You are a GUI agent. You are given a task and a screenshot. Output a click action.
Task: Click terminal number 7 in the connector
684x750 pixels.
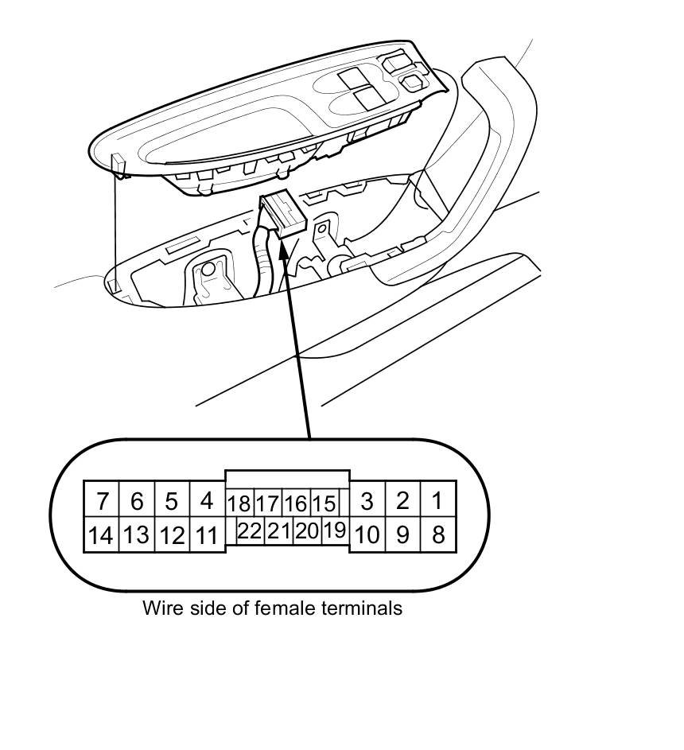[x=102, y=501]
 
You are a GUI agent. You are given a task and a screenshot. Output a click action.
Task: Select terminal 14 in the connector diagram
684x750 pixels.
[x=101, y=535]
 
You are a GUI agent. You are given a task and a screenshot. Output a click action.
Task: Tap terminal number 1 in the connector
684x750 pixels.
[x=437, y=500]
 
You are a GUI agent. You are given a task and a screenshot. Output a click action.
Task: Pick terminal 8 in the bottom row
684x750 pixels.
[x=437, y=534]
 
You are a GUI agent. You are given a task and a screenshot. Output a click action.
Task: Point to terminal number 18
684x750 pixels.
[x=239, y=503]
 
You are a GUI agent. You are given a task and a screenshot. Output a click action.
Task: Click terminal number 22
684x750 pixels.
[x=250, y=531]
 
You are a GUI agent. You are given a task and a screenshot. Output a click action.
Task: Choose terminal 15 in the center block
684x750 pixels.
[x=323, y=503]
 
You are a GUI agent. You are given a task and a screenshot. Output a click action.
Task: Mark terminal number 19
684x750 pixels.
[x=336, y=530]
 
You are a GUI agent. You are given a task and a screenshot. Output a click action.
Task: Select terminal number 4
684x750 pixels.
[x=207, y=501]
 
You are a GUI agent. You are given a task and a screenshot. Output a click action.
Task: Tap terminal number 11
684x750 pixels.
[x=207, y=535]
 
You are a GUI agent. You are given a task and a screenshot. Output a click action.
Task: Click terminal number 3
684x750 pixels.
[x=367, y=501]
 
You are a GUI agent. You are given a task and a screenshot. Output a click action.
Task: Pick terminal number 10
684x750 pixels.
[x=367, y=534]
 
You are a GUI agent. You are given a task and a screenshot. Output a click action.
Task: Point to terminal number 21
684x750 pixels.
[x=278, y=531]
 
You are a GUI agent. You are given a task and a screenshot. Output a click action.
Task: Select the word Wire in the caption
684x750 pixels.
[x=159, y=608]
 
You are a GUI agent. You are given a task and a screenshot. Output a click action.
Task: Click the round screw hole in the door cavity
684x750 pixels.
[x=208, y=270]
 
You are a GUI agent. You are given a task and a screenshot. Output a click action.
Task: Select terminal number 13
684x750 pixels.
[x=136, y=535]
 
